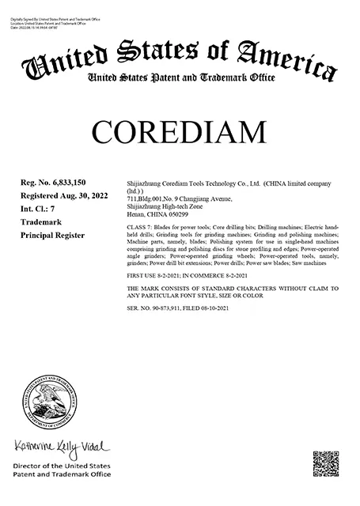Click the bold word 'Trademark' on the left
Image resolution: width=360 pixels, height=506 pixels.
click(x=40, y=222)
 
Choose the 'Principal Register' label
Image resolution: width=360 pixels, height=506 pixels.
click(x=52, y=235)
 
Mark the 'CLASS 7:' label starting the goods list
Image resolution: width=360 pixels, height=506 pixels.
click(x=139, y=228)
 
